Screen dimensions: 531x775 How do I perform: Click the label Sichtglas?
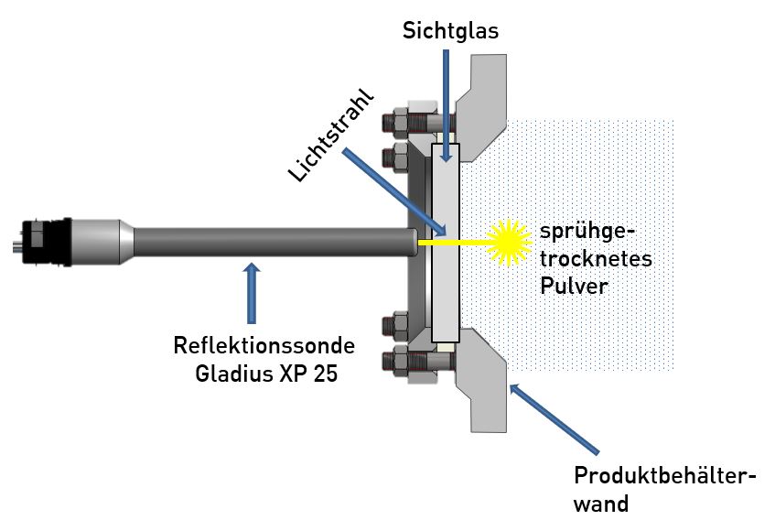[x=450, y=31]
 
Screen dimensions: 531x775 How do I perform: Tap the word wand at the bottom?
[x=602, y=504]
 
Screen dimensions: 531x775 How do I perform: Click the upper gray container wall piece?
[x=485, y=101]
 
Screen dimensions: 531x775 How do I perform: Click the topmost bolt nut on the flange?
[x=403, y=119]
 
